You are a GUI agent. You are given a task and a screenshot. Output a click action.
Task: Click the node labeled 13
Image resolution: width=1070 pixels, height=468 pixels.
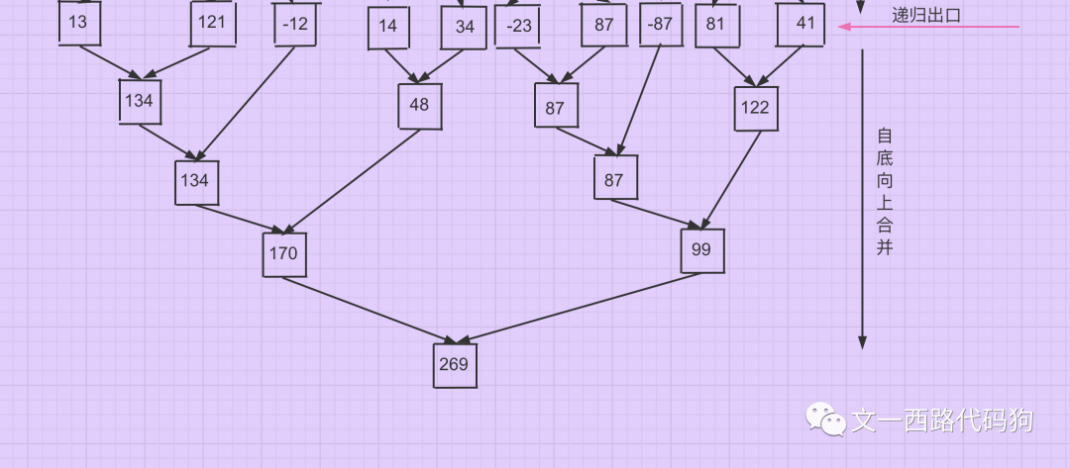(79, 23)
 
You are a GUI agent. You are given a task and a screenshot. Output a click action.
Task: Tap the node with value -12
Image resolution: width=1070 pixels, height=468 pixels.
(295, 24)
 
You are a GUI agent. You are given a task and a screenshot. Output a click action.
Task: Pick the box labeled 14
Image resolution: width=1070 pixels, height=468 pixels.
(388, 27)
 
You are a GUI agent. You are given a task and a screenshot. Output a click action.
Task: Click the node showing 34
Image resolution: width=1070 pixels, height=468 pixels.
(465, 27)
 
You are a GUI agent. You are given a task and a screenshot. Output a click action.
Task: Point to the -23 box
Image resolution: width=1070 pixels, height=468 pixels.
(518, 26)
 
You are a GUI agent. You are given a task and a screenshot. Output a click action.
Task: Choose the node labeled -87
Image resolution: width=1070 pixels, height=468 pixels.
(660, 24)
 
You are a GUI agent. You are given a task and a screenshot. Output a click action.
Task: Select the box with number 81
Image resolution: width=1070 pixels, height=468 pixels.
(716, 24)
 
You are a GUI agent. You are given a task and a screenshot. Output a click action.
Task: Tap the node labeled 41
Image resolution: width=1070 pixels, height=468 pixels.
(801, 24)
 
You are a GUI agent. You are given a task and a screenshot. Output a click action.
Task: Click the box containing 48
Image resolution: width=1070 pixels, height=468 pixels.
(419, 106)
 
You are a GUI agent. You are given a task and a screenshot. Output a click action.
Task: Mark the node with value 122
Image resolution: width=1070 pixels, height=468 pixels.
(755, 108)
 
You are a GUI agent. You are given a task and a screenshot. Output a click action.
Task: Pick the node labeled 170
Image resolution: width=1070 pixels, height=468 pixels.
(284, 254)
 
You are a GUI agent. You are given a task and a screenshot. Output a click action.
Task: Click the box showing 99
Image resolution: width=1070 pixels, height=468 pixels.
(702, 250)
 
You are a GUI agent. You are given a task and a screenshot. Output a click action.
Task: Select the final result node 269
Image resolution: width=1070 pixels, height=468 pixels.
(455, 365)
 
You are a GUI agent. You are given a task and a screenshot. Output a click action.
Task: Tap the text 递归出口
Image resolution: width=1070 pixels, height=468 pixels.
(926, 14)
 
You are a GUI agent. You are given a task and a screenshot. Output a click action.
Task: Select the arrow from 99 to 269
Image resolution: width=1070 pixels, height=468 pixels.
(580, 309)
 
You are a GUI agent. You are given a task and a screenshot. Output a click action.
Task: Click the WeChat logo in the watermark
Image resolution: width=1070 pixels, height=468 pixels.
(825, 419)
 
